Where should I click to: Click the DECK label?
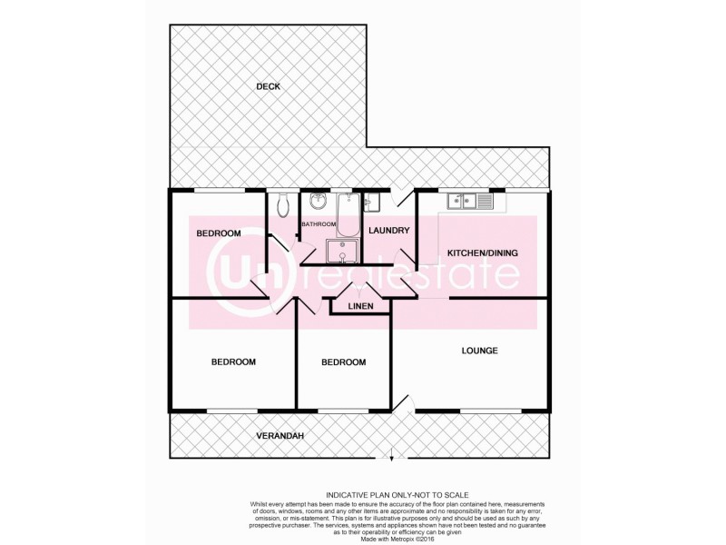click(268, 87)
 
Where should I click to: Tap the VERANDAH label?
click(279, 436)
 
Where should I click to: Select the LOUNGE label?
click(479, 351)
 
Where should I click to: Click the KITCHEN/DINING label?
click(481, 253)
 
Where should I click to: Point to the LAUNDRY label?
click(390, 231)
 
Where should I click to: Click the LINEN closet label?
click(360, 307)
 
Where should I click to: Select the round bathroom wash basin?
click(318, 201)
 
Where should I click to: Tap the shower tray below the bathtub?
click(343, 251)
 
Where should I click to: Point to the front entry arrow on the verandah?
click(392, 454)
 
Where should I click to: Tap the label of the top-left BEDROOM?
click(219, 233)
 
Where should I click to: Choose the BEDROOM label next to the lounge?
click(344, 362)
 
